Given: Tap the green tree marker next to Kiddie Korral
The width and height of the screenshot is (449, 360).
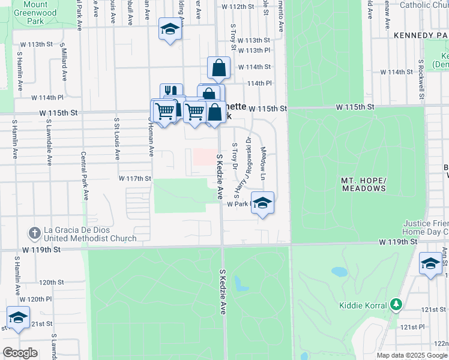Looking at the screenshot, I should (396, 305).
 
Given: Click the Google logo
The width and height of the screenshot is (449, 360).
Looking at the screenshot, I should (20, 353).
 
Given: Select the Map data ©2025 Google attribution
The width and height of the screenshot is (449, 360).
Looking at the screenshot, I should (412, 355).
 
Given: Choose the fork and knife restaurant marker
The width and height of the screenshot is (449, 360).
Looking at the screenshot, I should (171, 92).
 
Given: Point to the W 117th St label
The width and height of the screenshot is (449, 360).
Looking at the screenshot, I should (134, 179).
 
